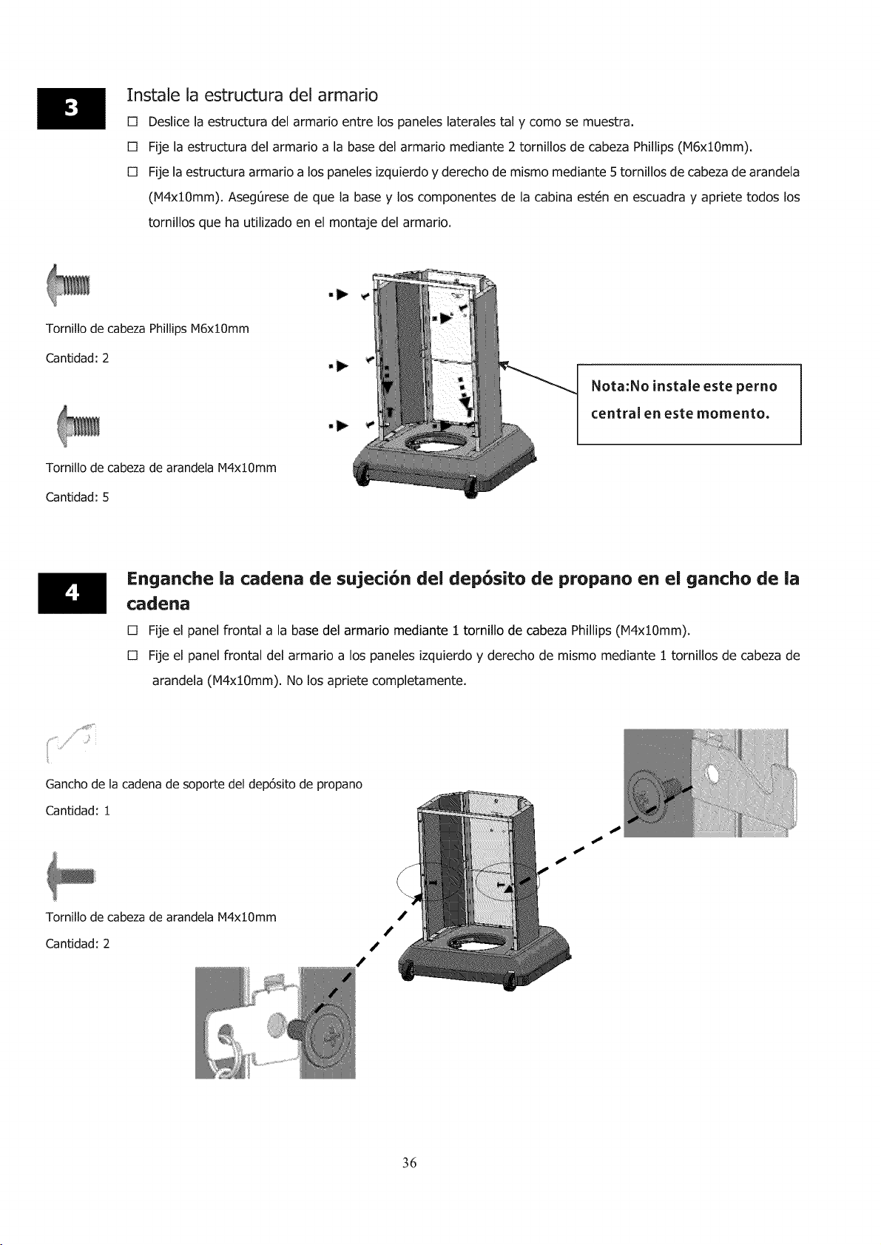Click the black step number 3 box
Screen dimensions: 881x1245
tap(71, 109)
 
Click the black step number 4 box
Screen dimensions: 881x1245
tap(72, 593)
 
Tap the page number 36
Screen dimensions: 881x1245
tap(410, 1162)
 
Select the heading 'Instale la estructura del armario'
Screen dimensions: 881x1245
tap(252, 95)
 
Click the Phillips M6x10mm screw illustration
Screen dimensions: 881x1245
tap(68, 285)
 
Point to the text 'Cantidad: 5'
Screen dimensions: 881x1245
tap(77, 497)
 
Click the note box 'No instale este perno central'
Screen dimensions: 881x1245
tap(689, 404)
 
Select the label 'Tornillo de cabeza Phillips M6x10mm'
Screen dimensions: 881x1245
tap(147, 328)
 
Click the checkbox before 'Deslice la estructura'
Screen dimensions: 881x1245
tap(132, 122)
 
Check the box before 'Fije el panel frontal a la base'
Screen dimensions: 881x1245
tap(132, 631)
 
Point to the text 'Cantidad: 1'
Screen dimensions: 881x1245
tap(78, 810)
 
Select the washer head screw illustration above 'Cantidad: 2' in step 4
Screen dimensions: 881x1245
tap(71, 877)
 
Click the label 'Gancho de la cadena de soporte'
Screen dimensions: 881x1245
tap(204, 784)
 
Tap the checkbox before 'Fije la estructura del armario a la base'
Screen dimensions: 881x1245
tap(132, 147)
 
